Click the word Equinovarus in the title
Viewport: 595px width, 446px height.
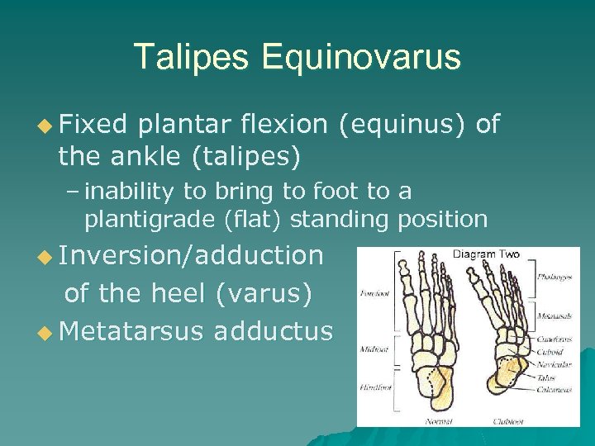[361, 57]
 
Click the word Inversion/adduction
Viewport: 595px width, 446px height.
[193, 255]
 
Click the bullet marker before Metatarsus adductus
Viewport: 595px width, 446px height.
[46, 331]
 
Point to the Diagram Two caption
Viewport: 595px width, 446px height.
[486, 254]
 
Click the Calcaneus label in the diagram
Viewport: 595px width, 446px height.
[553, 391]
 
